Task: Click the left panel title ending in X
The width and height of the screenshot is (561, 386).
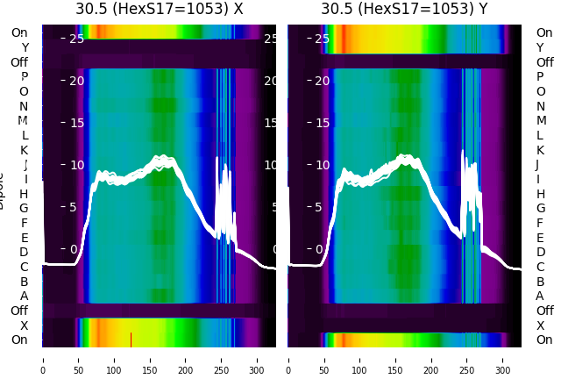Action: pyautogui.click(x=159, y=9)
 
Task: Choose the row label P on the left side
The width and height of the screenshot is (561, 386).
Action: pyautogui.click(x=24, y=77)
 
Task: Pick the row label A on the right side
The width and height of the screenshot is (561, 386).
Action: pyautogui.click(x=540, y=296)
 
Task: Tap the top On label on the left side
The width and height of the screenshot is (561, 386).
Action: pyautogui.click(x=19, y=32)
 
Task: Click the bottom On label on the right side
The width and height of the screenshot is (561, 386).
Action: pyautogui.click(x=544, y=340)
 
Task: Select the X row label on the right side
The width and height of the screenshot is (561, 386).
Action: pyautogui.click(x=540, y=325)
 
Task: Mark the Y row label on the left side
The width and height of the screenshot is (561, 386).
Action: pyautogui.click(x=25, y=47)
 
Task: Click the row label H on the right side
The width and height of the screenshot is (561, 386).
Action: pyautogui.click(x=540, y=194)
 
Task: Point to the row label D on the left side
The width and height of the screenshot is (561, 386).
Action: pyautogui.click(x=24, y=253)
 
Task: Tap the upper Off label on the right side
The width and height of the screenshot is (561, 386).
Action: pyautogui.click(x=544, y=62)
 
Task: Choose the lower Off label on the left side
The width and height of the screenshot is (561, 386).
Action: pyautogui.click(x=19, y=311)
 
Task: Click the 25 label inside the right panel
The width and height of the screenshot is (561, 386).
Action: pyautogui.click(x=322, y=39)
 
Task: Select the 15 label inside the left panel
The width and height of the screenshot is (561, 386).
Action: pyautogui.click(x=76, y=122)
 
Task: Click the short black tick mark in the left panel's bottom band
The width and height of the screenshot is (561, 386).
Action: pyautogui.click(x=131, y=340)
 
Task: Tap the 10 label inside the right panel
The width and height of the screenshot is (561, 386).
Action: pyautogui.click(x=322, y=164)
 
